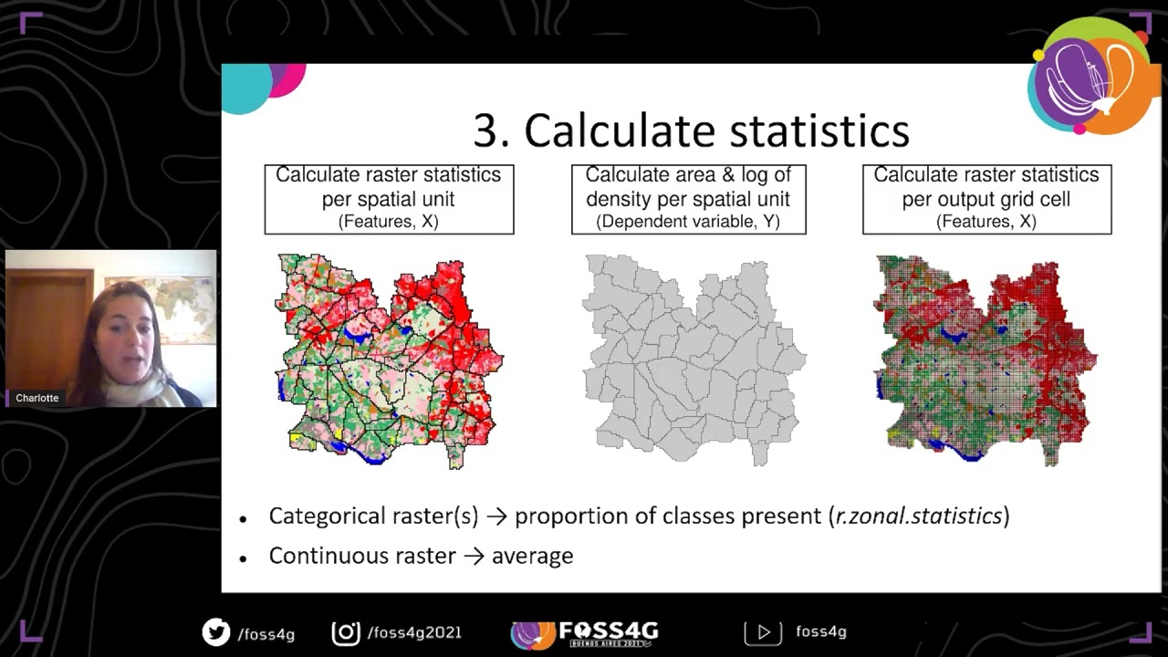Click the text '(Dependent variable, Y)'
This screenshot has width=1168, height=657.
coord(688,222)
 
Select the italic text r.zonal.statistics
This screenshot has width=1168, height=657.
coord(919,516)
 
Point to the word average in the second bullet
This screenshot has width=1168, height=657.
coord(532,556)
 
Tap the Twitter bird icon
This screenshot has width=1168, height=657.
coord(216,631)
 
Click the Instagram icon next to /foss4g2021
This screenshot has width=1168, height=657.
coord(346,631)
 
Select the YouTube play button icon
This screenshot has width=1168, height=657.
coord(764,631)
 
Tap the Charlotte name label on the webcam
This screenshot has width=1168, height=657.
coord(37,398)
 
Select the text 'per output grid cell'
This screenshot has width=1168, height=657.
coord(986,198)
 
